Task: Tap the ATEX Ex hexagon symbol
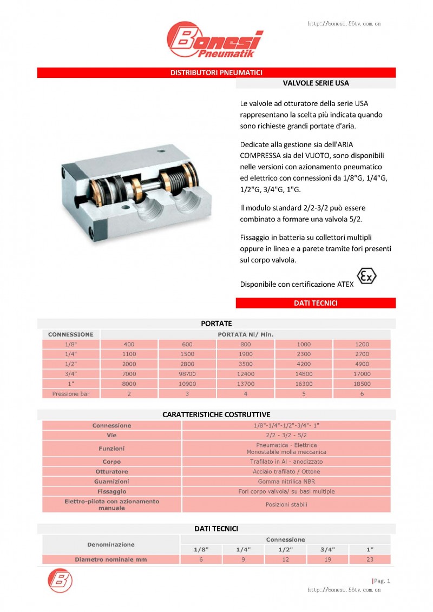tap(366, 277)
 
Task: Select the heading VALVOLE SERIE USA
tap(316, 83)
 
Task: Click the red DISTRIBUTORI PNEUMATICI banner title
tap(216, 73)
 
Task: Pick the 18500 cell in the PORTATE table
tap(362, 384)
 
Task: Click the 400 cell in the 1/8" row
tap(129, 344)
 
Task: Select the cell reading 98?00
tap(187, 374)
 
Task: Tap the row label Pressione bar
tap(71, 394)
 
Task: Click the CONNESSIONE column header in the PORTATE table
tap(71, 334)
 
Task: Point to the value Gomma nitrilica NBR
tap(286, 482)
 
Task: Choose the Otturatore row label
tap(111, 472)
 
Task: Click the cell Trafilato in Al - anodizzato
tap(286, 462)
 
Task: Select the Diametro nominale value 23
tap(370, 560)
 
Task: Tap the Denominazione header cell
tap(111, 544)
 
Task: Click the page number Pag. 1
tap(381, 581)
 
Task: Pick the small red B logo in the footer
tap(61, 580)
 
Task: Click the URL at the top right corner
tap(344, 24)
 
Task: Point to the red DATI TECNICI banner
tap(316, 303)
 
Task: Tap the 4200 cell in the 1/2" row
tap(304, 364)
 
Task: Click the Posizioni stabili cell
tap(286, 504)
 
